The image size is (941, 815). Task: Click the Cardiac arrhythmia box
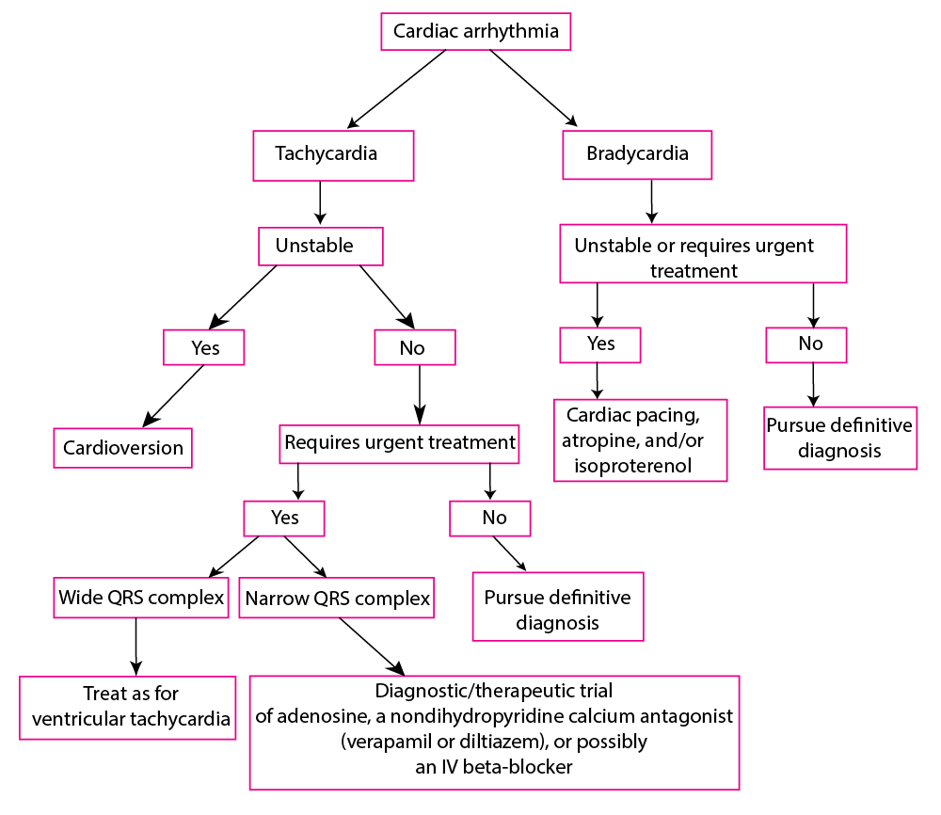[x=475, y=32]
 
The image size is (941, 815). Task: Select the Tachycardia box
[x=333, y=155]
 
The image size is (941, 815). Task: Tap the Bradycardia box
[x=636, y=154]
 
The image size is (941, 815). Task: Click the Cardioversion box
[x=122, y=448]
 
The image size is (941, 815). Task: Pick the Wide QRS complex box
[x=141, y=598]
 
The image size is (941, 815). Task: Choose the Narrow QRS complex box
[x=336, y=599]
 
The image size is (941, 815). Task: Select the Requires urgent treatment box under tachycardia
[x=400, y=442]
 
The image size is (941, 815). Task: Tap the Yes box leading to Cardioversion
[x=204, y=347]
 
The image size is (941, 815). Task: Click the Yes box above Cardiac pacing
[x=599, y=344]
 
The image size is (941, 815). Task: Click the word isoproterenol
[x=629, y=466]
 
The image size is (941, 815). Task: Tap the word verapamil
[x=389, y=742]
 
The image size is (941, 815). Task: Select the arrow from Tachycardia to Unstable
[x=321, y=201]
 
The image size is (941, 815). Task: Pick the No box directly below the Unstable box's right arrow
[x=414, y=348]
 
